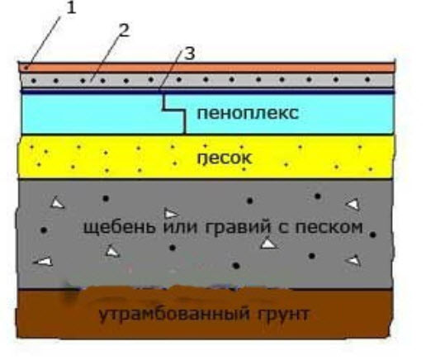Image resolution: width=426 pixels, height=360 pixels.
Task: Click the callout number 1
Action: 71,8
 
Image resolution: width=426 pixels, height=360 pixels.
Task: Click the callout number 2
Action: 124,30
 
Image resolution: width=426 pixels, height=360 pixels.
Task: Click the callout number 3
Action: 190,54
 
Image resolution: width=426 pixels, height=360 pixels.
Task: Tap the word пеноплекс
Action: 248,113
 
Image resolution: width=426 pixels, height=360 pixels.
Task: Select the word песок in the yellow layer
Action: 225,158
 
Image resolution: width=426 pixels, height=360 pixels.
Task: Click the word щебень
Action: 120,228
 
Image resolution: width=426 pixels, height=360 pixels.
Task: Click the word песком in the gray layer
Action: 329,227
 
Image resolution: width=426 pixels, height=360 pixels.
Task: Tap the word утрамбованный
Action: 174,314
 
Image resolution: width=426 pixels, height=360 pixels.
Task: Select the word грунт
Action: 283,315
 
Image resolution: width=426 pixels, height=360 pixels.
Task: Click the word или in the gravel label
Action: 181,227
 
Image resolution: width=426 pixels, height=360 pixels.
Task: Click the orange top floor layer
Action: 207,68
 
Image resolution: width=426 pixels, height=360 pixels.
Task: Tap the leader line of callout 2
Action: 104,59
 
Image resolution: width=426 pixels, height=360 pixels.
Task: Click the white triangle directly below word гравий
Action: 268,244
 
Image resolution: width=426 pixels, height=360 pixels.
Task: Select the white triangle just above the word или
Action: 171,214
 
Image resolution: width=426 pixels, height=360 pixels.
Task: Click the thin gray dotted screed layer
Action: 207,80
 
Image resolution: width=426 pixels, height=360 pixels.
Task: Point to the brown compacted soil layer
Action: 205,313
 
